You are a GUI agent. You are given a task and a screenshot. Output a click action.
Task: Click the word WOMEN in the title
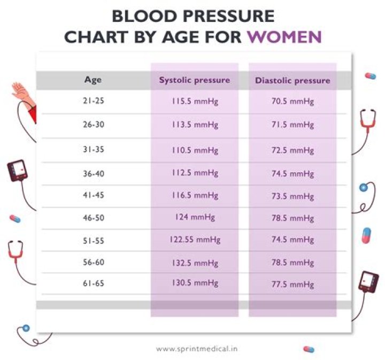click(x=287, y=36)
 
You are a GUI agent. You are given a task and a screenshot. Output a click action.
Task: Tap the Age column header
click(x=93, y=80)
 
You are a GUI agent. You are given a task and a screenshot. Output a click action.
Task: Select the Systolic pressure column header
click(x=194, y=80)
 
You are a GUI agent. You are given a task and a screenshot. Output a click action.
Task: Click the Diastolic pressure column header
click(x=292, y=81)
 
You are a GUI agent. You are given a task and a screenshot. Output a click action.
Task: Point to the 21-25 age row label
click(x=94, y=101)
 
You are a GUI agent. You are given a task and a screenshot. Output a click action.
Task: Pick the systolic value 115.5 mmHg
click(x=194, y=101)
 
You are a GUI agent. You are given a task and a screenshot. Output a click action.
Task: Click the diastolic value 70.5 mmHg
click(x=292, y=101)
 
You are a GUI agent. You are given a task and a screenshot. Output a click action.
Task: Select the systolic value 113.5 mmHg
click(x=194, y=125)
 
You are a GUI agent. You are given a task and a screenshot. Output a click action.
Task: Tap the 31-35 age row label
click(x=94, y=150)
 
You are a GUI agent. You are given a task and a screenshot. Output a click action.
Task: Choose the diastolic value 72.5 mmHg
click(x=292, y=150)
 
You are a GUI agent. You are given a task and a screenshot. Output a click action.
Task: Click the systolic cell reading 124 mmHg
click(x=194, y=217)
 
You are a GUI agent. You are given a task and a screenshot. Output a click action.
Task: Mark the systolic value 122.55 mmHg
click(x=194, y=240)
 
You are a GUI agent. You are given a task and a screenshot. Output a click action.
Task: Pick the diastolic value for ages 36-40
click(x=292, y=173)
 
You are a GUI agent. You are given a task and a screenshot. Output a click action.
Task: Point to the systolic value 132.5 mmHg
click(x=194, y=263)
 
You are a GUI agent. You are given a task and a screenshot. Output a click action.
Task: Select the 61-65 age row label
click(x=94, y=284)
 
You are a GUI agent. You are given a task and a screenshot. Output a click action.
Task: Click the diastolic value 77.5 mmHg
click(x=292, y=284)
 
